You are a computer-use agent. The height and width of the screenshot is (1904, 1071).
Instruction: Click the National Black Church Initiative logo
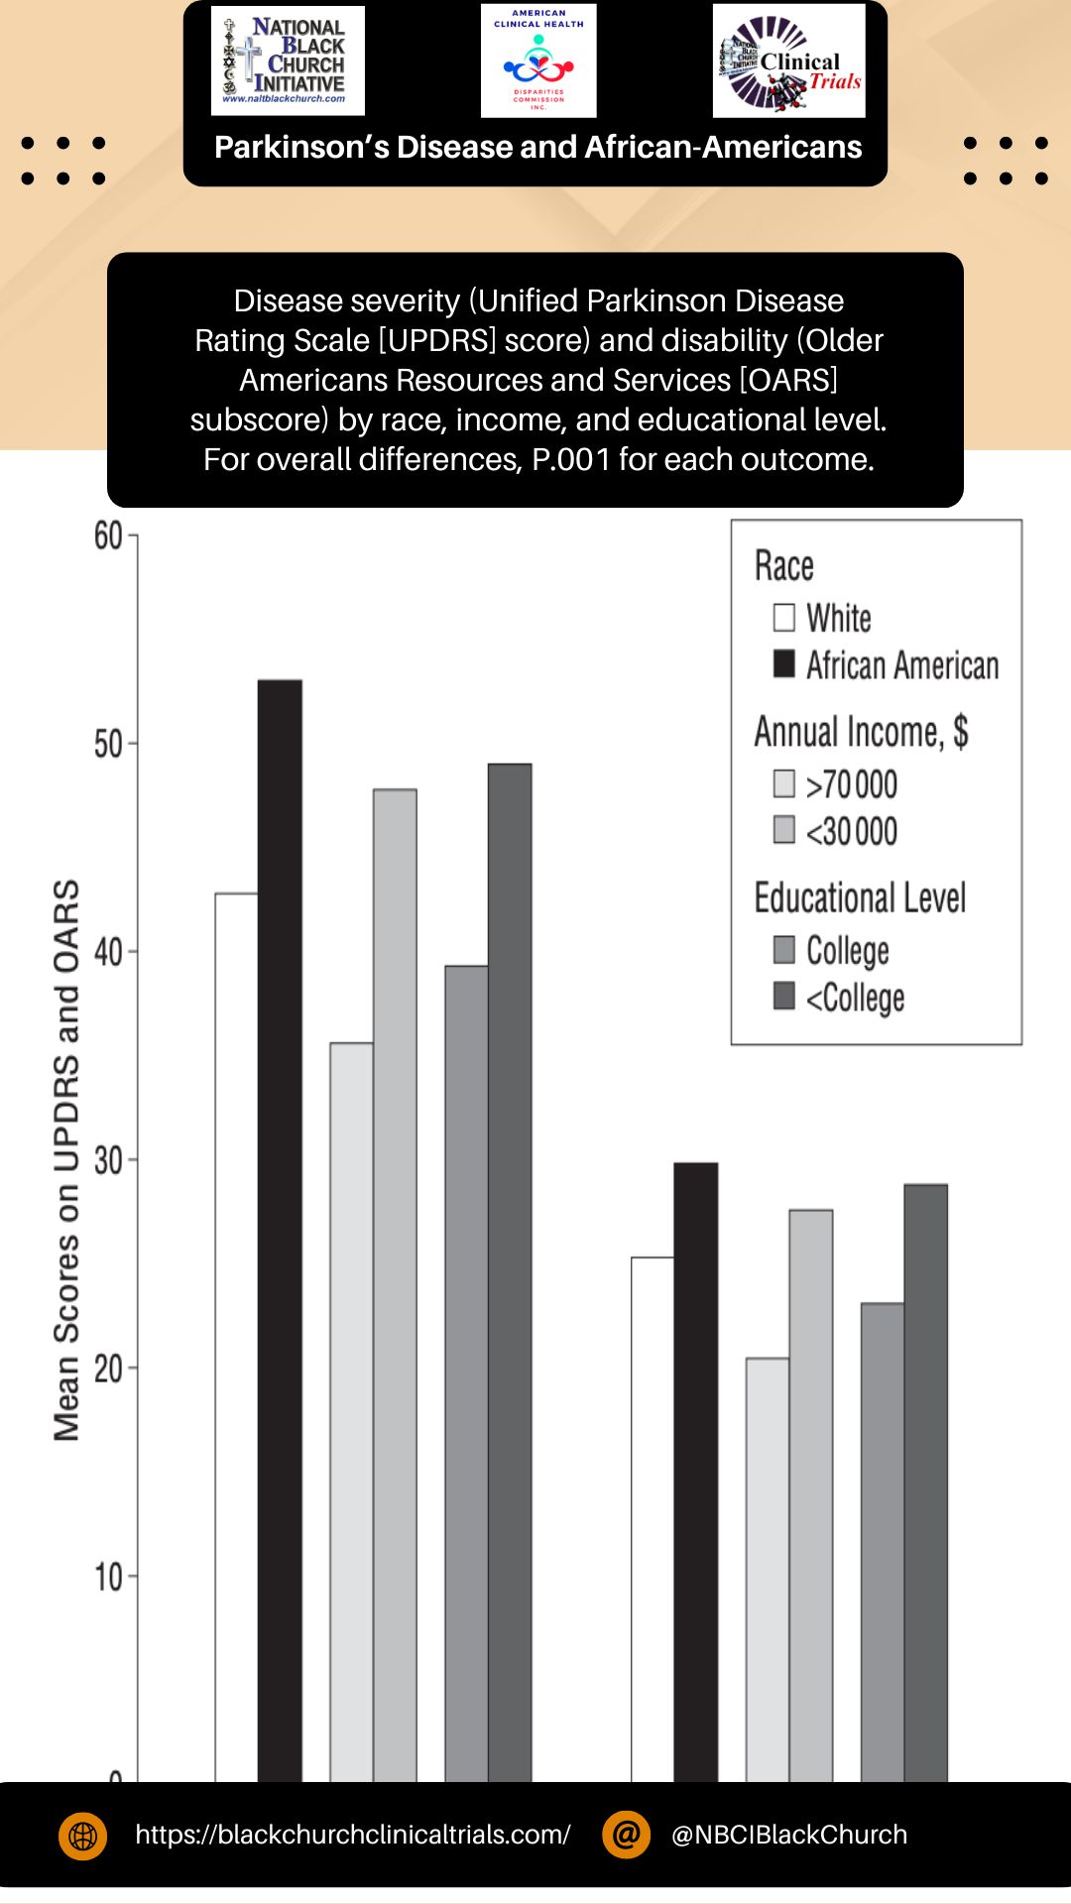[288, 60]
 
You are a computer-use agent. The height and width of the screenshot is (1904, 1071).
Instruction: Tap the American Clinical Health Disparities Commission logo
[538, 60]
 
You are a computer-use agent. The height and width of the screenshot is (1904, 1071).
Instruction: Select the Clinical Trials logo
[789, 60]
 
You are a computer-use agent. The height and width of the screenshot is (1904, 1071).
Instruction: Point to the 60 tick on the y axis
[108, 536]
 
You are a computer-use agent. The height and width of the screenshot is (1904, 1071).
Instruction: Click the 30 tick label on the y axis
[108, 1160]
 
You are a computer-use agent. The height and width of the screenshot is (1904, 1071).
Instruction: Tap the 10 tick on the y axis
[108, 1577]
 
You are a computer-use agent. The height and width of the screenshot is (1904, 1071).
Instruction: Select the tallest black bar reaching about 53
[280, 1230]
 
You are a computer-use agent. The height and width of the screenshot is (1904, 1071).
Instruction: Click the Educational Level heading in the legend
[860, 898]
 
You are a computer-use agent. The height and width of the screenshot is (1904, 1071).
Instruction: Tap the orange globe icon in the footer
[83, 1836]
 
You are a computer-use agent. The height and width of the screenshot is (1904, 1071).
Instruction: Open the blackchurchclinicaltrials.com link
[353, 1835]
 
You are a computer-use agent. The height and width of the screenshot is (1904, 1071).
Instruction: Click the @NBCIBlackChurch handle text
[789, 1835]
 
